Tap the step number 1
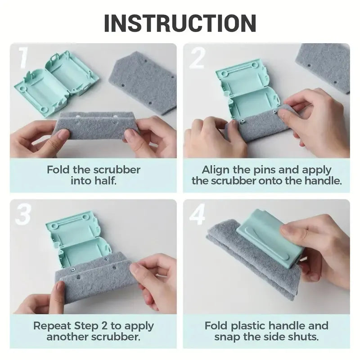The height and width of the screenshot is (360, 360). [x=23, y=58]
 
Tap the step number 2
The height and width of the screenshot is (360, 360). [x=197, y=58]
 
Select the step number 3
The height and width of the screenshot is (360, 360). [x=23, y=215]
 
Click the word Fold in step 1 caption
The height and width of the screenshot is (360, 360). [x=58, y=170]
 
